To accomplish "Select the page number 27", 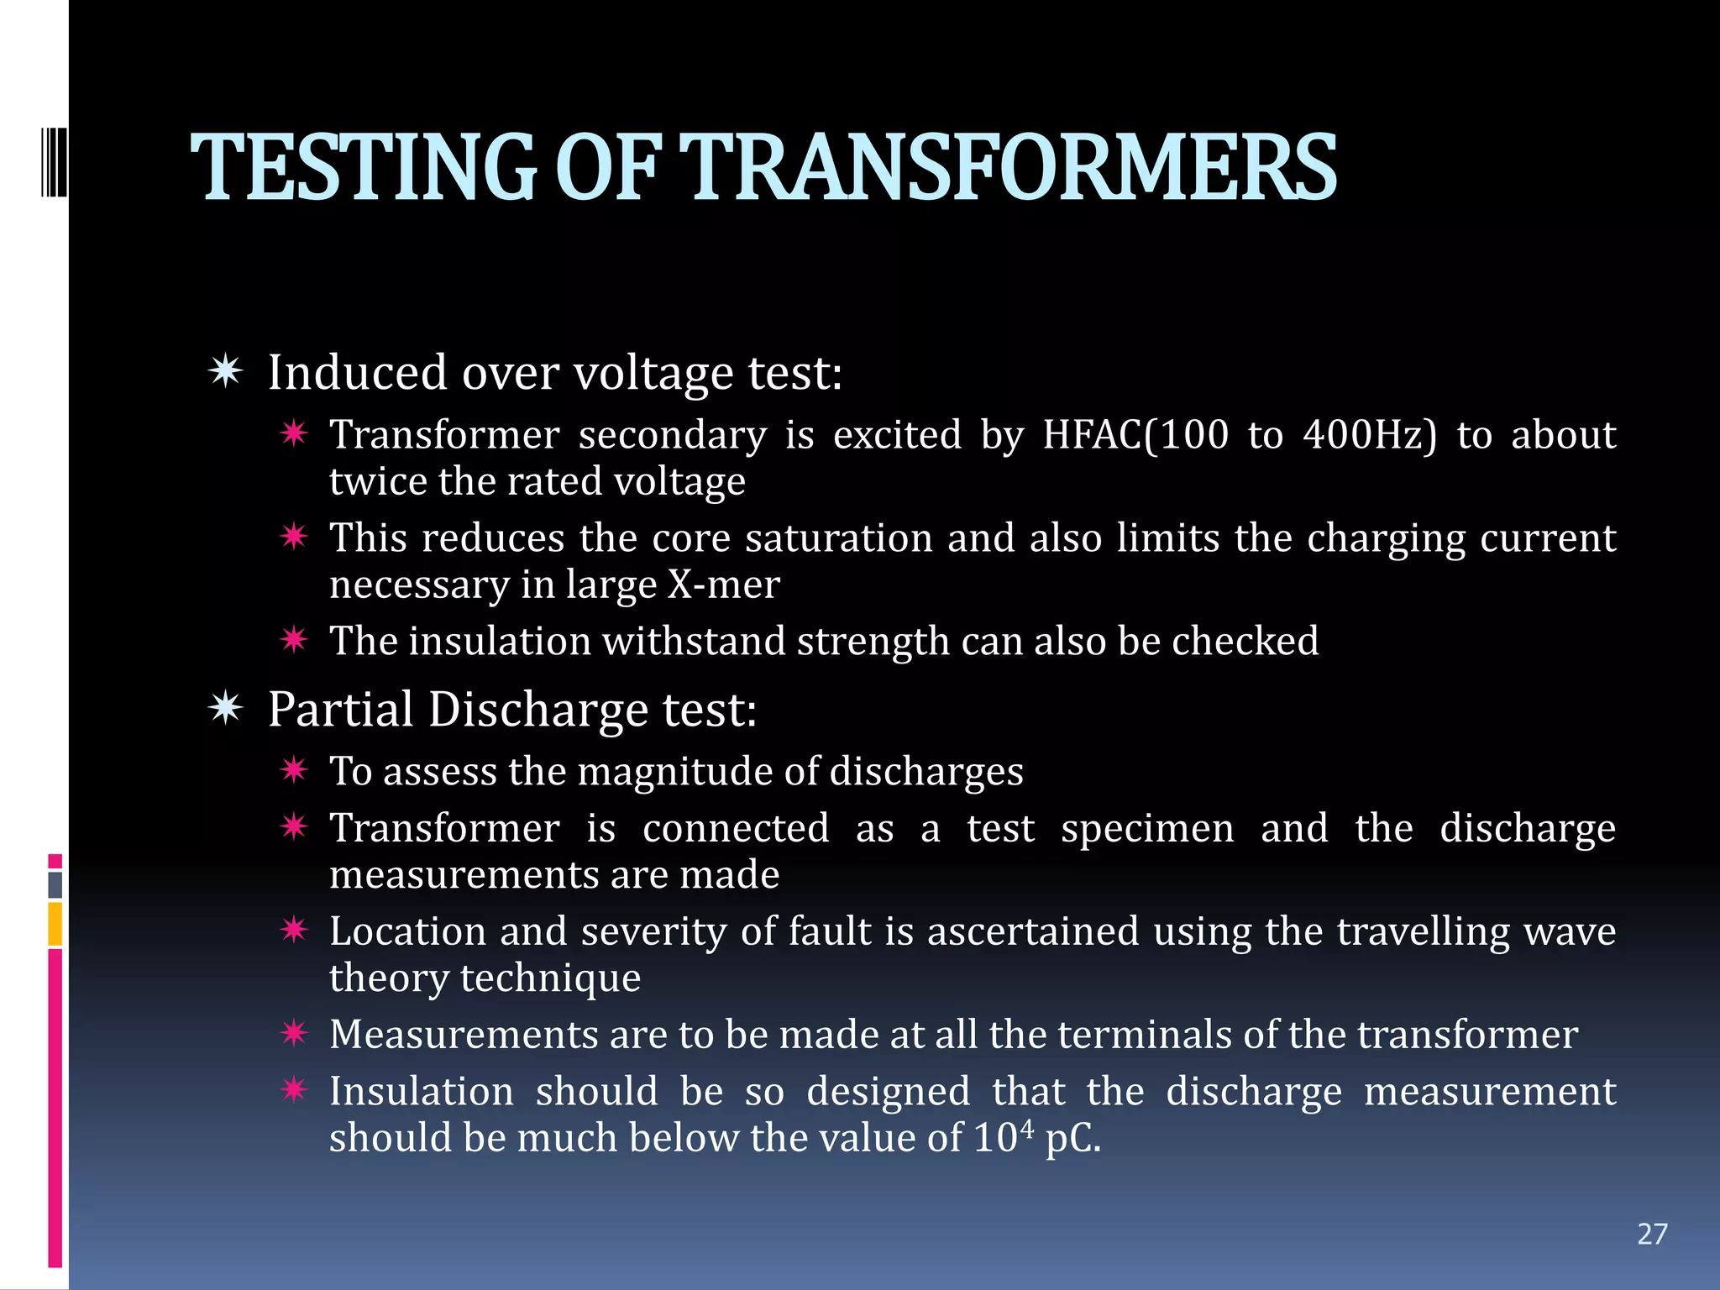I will tap(1652, 1234).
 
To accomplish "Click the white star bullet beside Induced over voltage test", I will tap(226, 371).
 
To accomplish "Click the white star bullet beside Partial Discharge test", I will tap(226, 709).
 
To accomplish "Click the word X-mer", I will tap(723, 585).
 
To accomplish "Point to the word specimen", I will tap(1147, 829).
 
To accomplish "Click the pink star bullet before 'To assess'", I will tap(294, 769).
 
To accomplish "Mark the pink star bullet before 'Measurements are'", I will tap(294, 1033).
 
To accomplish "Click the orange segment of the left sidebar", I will tap(55, 924).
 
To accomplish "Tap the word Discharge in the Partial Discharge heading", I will tap(537, 710).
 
